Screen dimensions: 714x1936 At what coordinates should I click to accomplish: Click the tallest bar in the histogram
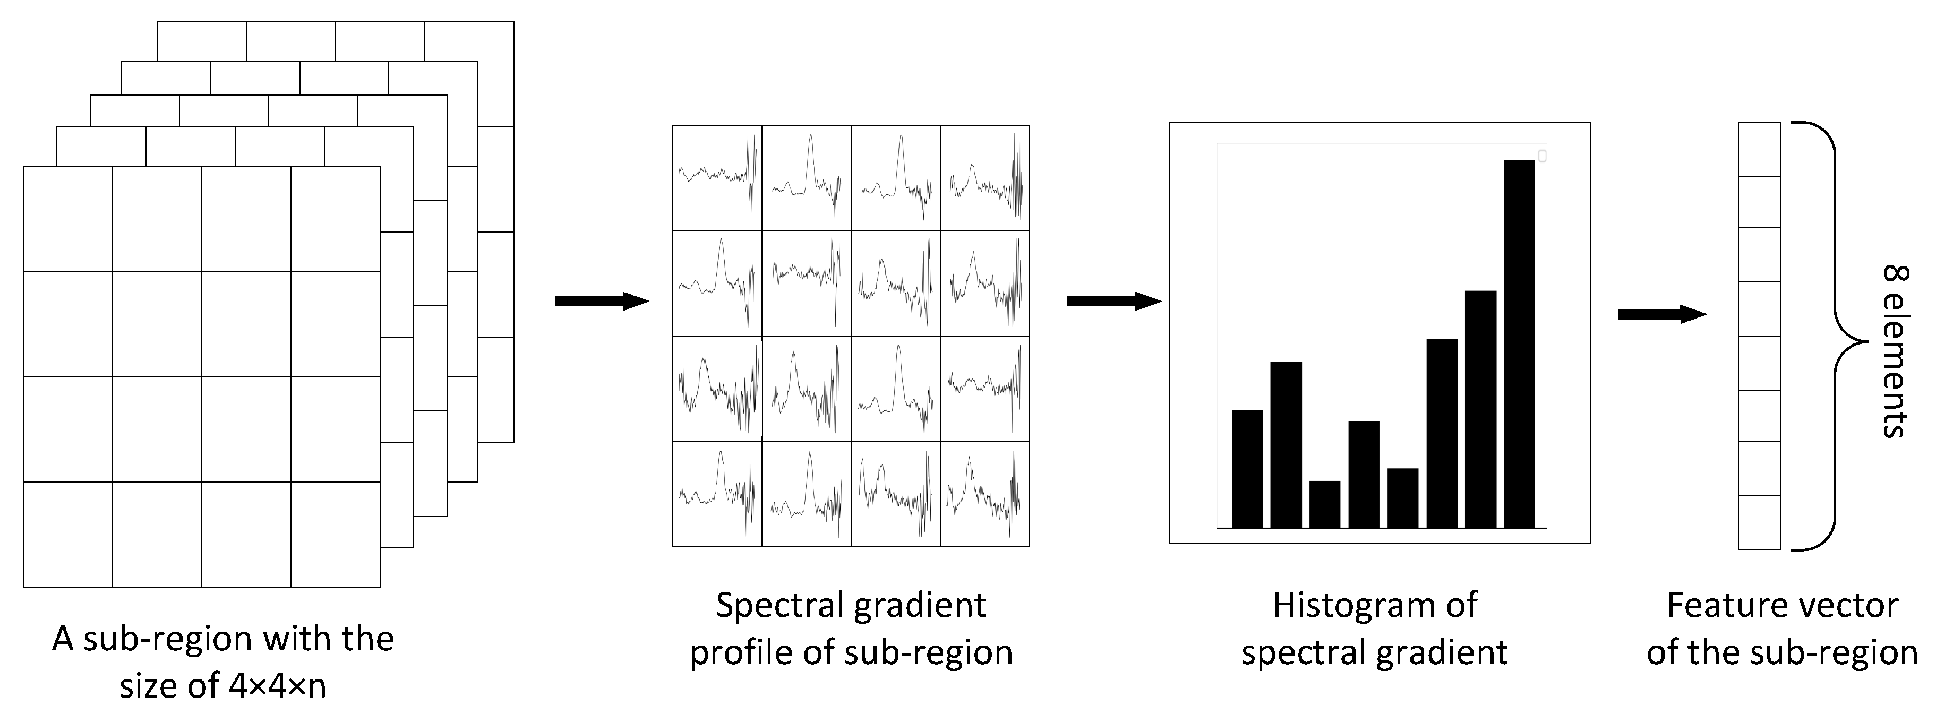click(x=1519, y=343)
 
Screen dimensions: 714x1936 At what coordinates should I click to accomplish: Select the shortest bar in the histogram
click(x=1324, y=504)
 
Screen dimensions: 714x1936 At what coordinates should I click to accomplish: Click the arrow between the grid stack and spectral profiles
click(x=601, y=302)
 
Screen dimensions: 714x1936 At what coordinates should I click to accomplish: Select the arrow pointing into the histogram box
click(x=1114, y=302)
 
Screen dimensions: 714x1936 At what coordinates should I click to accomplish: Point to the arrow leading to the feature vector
click(x=1661, y=314)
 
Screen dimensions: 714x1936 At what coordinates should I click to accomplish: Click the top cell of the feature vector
click(x=1759, y=149)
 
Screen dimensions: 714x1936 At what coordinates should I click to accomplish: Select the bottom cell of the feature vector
click(x=1759, y=523)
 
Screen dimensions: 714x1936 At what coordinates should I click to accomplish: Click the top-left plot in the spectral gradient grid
click(x=717, y=178)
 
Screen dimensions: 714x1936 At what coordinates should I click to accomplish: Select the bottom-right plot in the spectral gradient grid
click(x=984, y=494)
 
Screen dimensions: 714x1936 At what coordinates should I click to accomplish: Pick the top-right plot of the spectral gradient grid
click(x=984, y=178)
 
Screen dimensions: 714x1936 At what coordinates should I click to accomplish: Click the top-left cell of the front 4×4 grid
click(x=67, y=218)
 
